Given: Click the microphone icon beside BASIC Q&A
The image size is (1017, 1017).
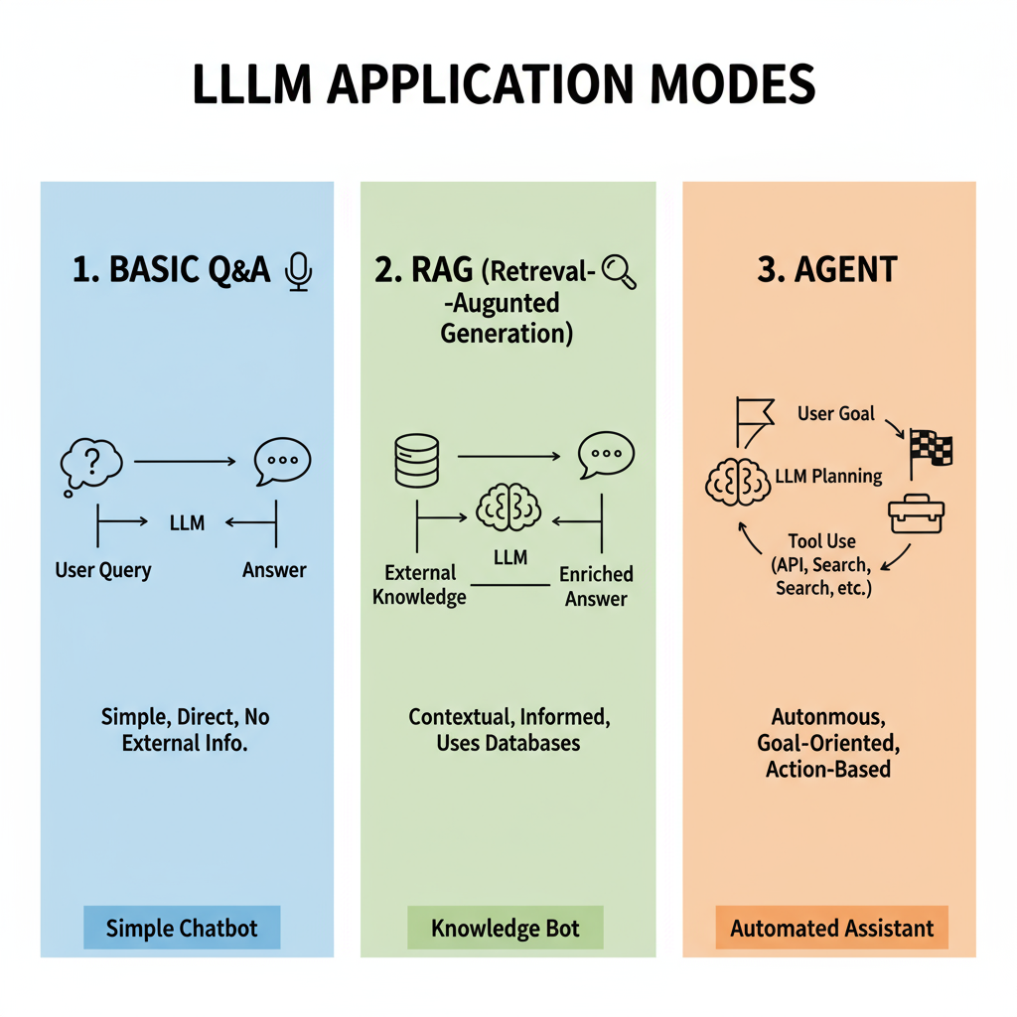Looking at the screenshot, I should tap(298, 271).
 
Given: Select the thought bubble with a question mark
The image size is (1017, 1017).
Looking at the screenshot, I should tap(90, 464).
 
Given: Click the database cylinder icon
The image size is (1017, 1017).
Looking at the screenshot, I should tap(416, 460).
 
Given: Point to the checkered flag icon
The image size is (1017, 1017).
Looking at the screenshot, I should tap(931, 449).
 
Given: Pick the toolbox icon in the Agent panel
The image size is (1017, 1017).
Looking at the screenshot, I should tap(915, 514).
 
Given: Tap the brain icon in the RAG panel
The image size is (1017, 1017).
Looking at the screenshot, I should tap(509, 507).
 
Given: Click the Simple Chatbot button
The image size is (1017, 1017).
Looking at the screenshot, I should tap(182, 929).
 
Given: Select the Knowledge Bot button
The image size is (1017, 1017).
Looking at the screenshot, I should tap(506, 929).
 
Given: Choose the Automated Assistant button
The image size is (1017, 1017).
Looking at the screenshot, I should tap(831, 929).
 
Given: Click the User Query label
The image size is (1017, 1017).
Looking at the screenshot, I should tap(103, 570).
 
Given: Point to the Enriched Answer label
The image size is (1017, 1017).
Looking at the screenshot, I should tap(596, 586).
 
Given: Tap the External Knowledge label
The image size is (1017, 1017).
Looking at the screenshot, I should tap(419, 585).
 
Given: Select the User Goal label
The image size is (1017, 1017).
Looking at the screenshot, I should tap(836, 412).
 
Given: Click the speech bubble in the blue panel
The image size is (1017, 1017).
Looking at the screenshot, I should tap(282, 462).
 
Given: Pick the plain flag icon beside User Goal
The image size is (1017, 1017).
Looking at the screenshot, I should tap(753, 419).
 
